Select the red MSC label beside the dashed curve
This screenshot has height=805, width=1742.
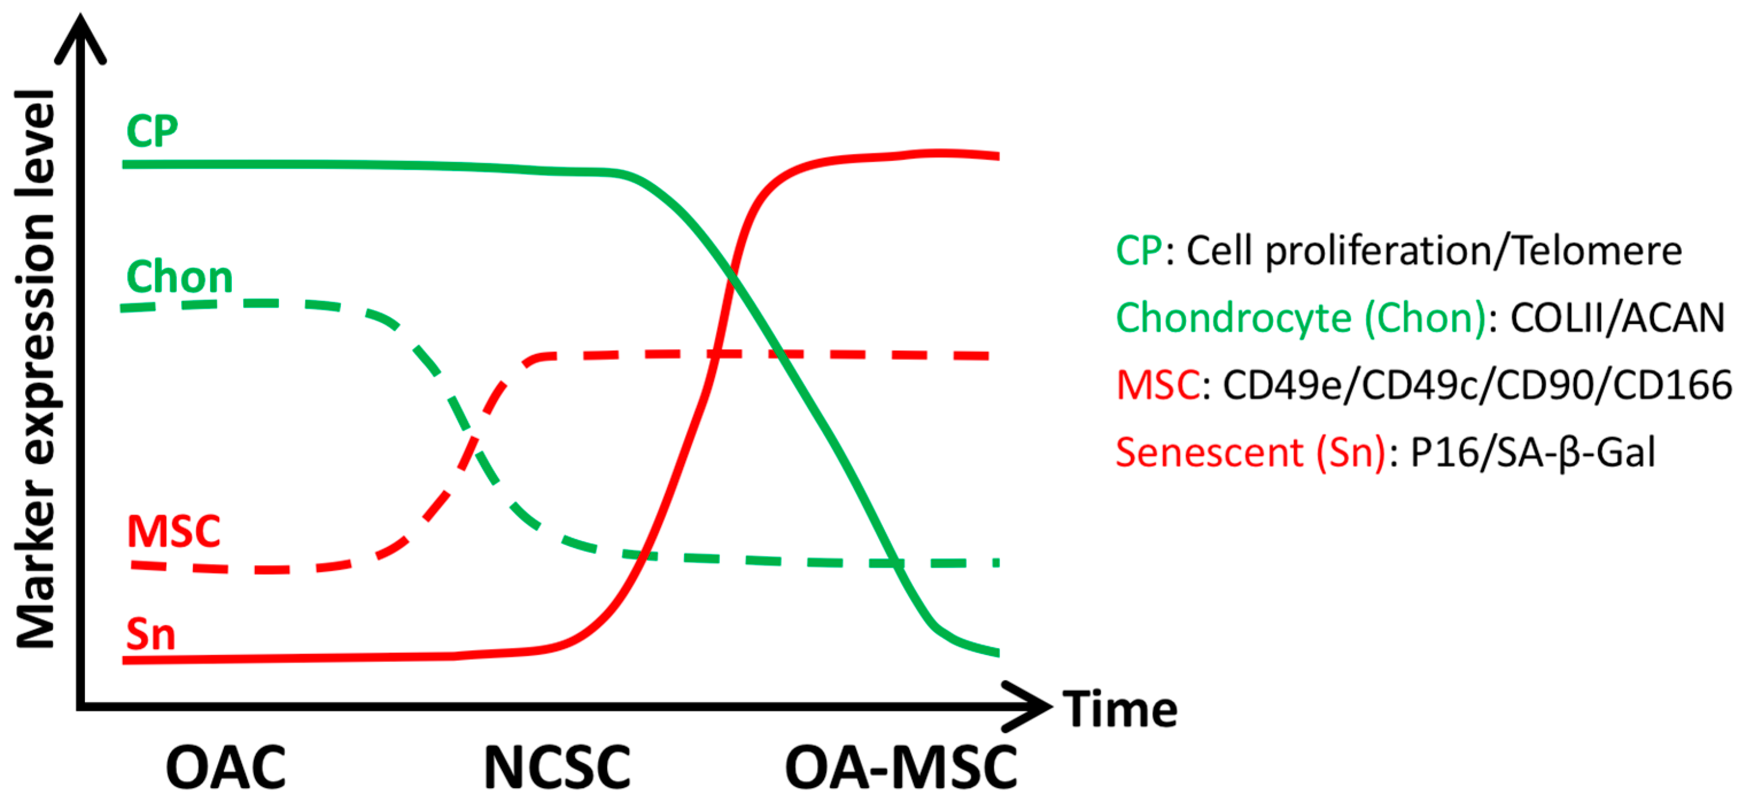174,532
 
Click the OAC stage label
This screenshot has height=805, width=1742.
226,768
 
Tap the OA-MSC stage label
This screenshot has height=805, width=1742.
901,768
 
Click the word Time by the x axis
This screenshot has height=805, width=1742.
1121,710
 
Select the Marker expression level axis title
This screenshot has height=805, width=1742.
35,369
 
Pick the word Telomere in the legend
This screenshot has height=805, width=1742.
1597,251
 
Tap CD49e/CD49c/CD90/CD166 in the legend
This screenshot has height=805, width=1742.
1477,386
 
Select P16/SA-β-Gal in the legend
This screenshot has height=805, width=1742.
1533,452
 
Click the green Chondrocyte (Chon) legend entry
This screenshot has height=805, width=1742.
1300,318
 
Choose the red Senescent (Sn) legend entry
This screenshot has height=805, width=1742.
1250,452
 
